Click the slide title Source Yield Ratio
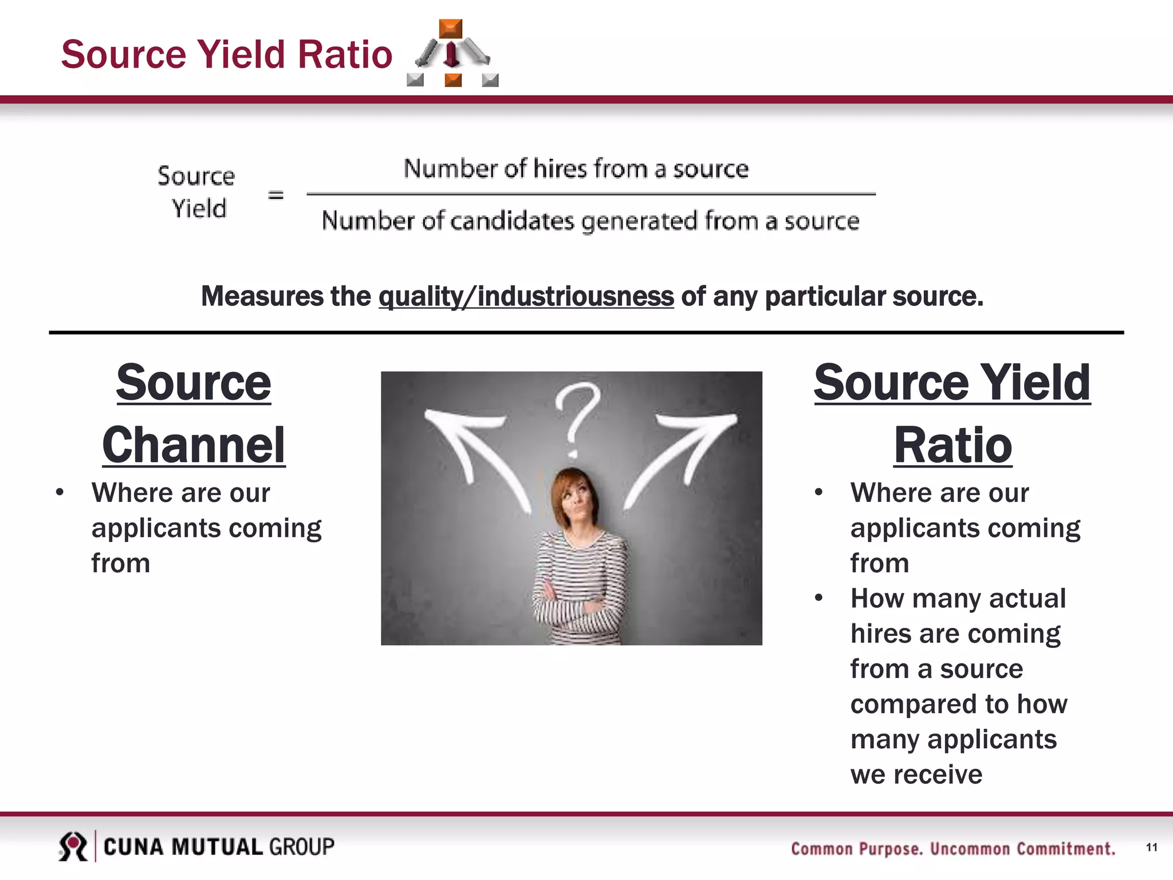[227, 54]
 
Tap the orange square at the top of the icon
[451, 28]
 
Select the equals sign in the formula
[276, 195]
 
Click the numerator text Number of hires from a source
[576, 169]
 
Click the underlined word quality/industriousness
[526, 297]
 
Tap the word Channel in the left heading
[194, 446]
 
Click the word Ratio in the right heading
[952, 446]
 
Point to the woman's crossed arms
[576, 607]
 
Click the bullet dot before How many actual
[819, 598]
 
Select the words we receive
[916, 775]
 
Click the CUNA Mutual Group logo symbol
[73, 846]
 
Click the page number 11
[1152, 847]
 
